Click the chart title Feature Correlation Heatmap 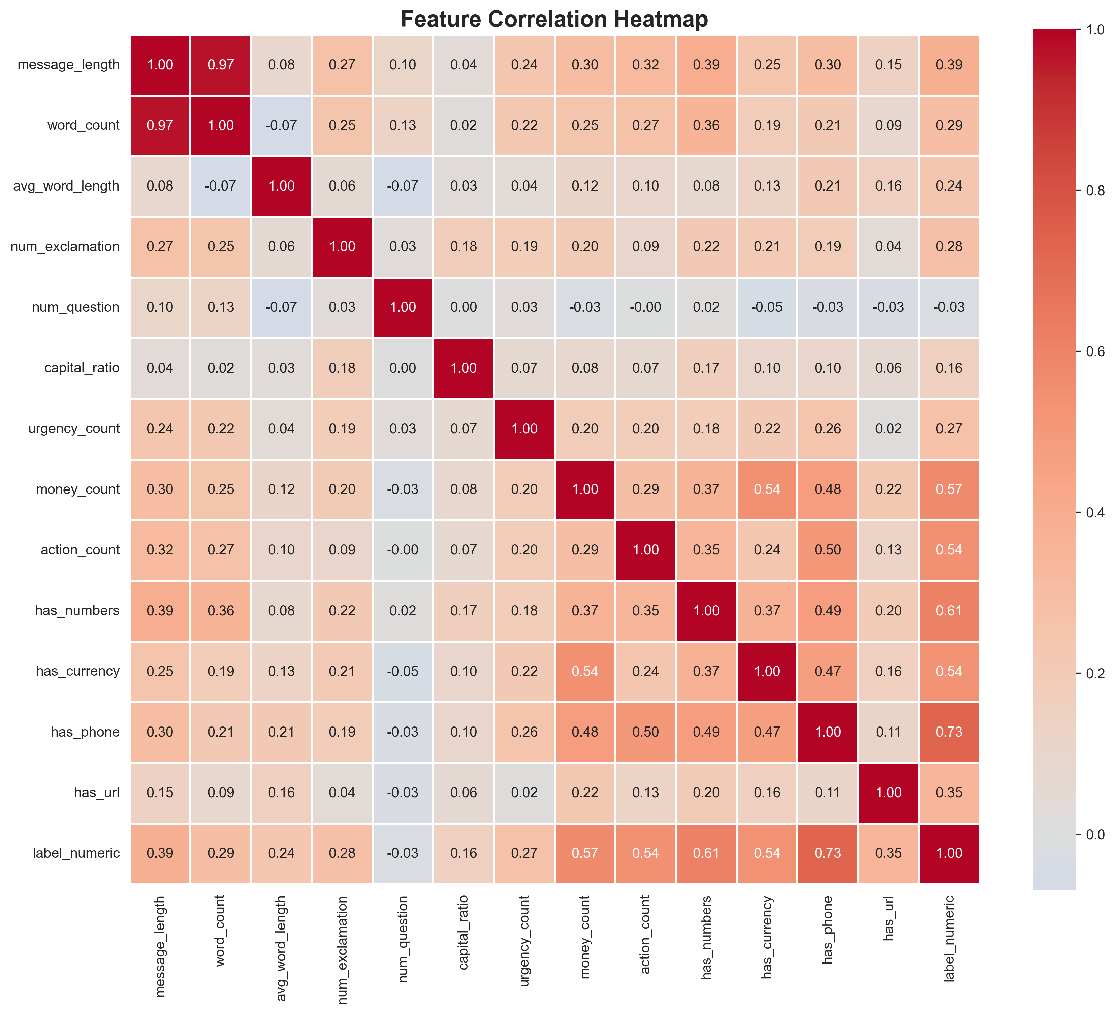click(554, 19)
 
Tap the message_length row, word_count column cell click(221, 65)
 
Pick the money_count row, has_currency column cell click(767, 489)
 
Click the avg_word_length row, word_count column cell click(221, 186)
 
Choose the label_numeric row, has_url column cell click(888, 853)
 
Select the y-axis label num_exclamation click(65, 246)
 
